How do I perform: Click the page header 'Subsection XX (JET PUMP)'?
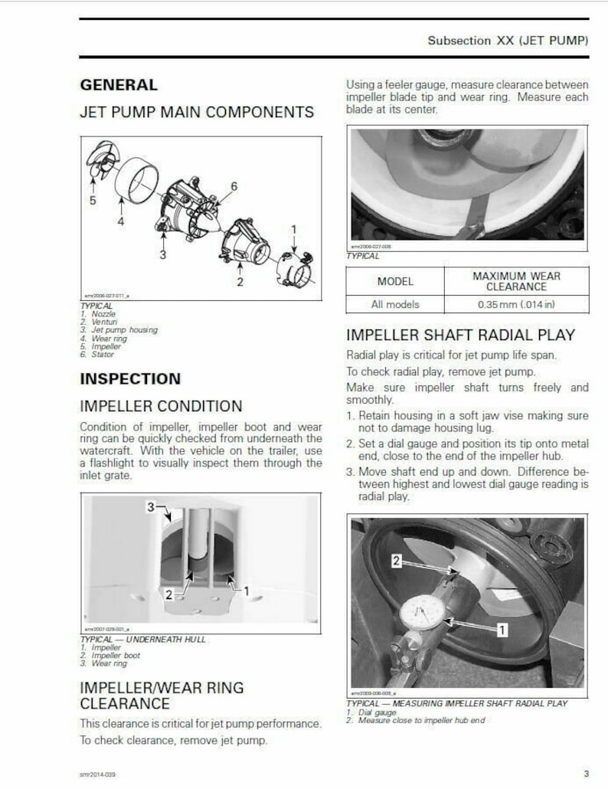(x=508, y=41)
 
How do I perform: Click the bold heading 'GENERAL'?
(x=119, y=85)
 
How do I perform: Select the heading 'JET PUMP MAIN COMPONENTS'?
(x=197, y=112)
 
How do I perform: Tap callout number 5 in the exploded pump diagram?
(x=93, y=201)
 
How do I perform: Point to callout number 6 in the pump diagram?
(x=234, y=186)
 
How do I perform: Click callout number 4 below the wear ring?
(x=120, y=222)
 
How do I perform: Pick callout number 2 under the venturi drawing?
(x=240, y=282)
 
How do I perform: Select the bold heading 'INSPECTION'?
(x=130, y=378)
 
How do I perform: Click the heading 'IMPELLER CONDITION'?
(x=161, y=406)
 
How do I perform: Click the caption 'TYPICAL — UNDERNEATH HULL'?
(x=142, y=639)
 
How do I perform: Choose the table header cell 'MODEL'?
(x=395, y=281)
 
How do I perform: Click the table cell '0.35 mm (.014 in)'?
(x=516, y=304)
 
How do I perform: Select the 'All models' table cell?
(x=395, y=304)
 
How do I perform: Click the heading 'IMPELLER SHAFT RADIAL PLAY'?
(x=460, y=335)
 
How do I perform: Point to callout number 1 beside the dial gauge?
(x=502, y=630)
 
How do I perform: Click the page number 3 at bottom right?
(x=586, y=774)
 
